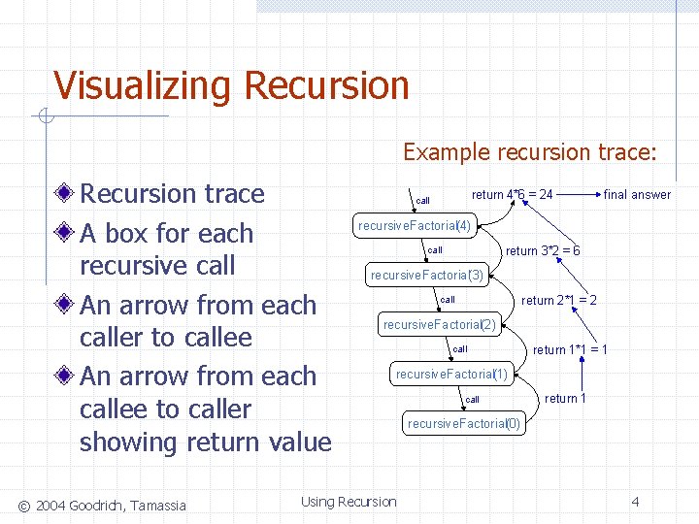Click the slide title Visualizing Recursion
(231, 85)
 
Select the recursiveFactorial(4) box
(415, 226)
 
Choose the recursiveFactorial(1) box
(451, 374)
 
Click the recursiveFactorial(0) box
(464, 423)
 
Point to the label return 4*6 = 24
(512, 194)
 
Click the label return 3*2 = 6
(543, 250)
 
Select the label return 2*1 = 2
(558, 300)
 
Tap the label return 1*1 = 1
(570, 349)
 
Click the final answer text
(637, 195)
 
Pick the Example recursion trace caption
(530, 152)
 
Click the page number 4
(635, 502)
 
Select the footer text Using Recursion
(349, 502)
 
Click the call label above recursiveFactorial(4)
(422, 201)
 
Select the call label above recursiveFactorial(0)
(472, 399)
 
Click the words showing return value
(205, 442)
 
